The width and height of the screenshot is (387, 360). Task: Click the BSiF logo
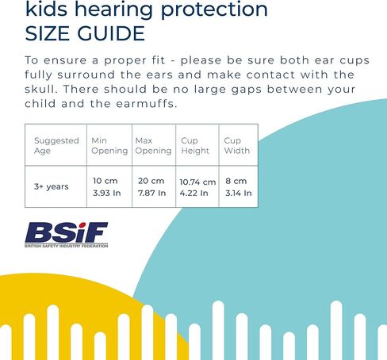click(67, 235)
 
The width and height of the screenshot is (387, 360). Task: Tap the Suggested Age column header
click(56, 145)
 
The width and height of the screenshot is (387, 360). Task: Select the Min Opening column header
click(109, 145)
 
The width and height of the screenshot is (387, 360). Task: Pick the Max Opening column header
click(153, 145)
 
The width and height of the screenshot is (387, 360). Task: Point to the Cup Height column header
click(195, 145)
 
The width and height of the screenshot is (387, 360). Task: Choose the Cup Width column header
click(237, 145)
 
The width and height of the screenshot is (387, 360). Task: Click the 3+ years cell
click(52, 186)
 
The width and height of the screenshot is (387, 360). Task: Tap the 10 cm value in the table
click(105, 181)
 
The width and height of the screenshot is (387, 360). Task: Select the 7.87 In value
click(151, 193)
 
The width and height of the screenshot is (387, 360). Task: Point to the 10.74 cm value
click(197, 182)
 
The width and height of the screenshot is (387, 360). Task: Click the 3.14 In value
click(239, 193)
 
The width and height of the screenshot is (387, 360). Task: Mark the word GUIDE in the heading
click(111, 33)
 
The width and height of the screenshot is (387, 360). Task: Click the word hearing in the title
click(113, 10)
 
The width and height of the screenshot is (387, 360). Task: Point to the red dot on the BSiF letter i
click(82, 225)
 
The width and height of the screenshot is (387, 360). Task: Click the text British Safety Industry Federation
click(67, 246)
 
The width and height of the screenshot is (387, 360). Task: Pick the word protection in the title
click(214, 10)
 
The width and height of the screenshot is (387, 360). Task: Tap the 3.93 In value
click(107, 193)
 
